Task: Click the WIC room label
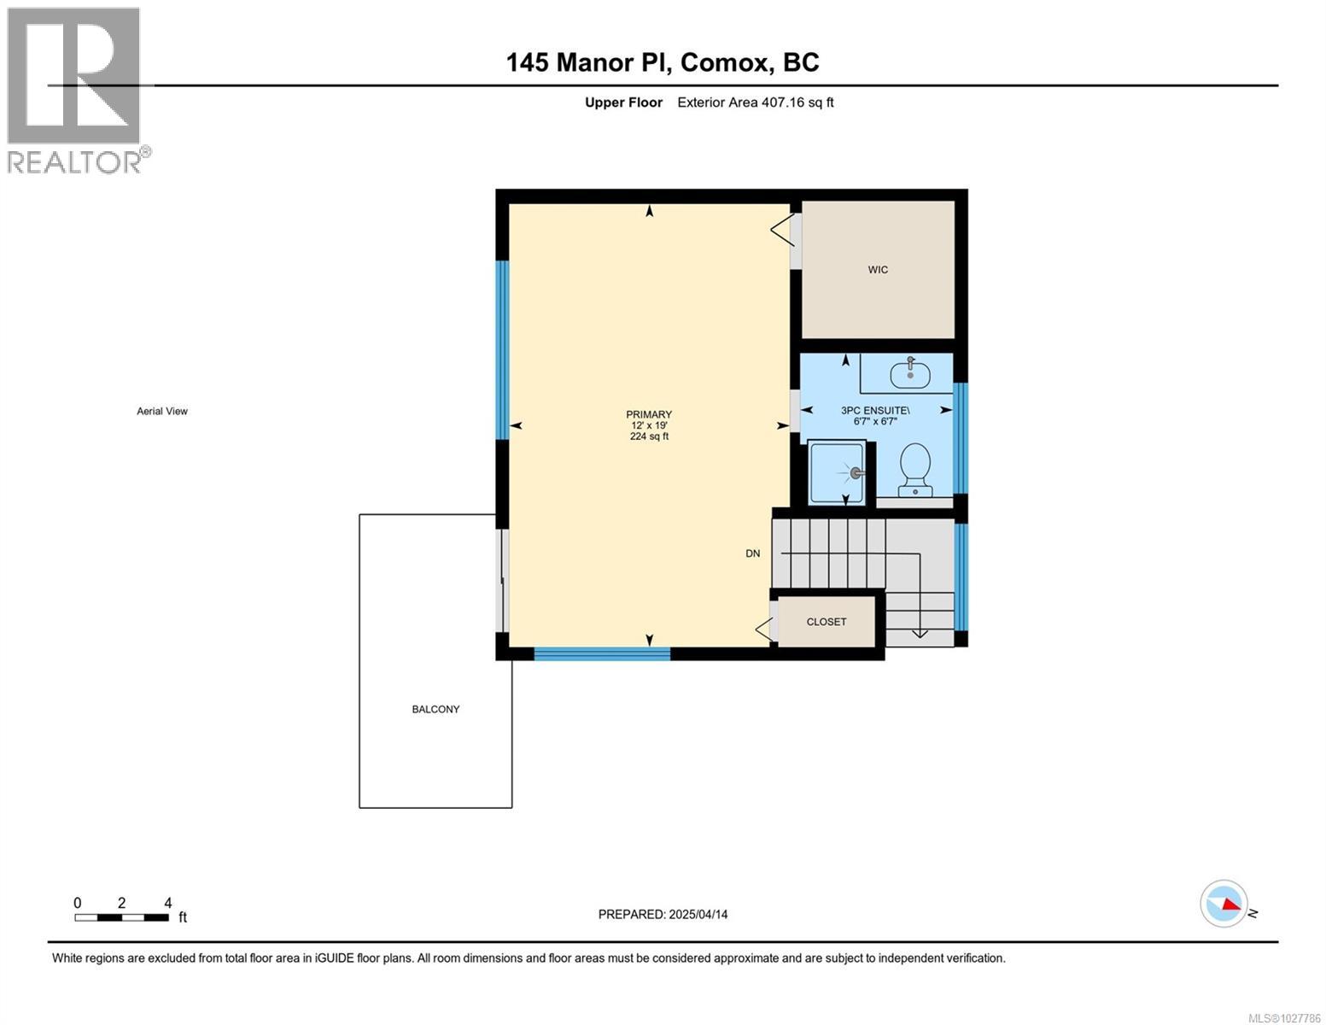click(878, 270)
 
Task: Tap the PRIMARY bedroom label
click(649, 414)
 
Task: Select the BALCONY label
click(435, 709)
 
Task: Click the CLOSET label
click(827, 622)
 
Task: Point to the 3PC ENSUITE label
click(875, 410)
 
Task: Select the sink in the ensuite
click(909, 373)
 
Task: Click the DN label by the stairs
click(752, 553)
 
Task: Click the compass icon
click(1224, 904)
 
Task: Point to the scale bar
click(121, 917)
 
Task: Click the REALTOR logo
click(75, 90)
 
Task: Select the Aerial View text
click(162, 411)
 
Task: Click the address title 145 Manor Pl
click(663, 62)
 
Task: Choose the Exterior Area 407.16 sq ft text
click(755, 102)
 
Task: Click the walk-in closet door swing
click(780, 230)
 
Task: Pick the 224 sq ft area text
click(649, 436)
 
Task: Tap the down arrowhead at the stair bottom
click(920, 633)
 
